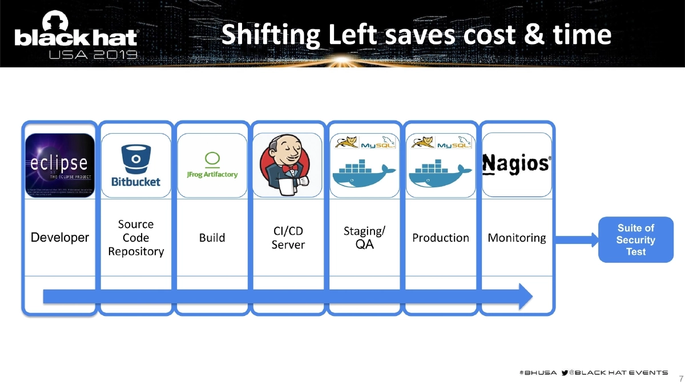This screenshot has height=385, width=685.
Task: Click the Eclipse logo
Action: coord(59,165)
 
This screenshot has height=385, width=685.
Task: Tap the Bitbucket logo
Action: coord(136,165)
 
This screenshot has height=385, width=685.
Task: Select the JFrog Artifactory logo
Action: coord(212,166)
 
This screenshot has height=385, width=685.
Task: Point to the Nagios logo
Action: coord(517,164)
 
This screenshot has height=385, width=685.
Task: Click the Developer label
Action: coord(59,238)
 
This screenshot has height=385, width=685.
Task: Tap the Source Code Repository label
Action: coord(136,238)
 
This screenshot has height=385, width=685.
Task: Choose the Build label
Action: coord(212,238)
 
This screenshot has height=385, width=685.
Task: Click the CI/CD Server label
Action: coord(288,238)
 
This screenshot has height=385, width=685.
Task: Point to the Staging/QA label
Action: coord(364,238)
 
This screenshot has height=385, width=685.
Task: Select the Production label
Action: coord(440,238)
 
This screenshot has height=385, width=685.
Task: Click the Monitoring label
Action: coord(517,238)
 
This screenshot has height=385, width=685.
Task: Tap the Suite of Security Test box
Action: coord(635,240)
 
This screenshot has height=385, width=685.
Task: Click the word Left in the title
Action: coord(352,35)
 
